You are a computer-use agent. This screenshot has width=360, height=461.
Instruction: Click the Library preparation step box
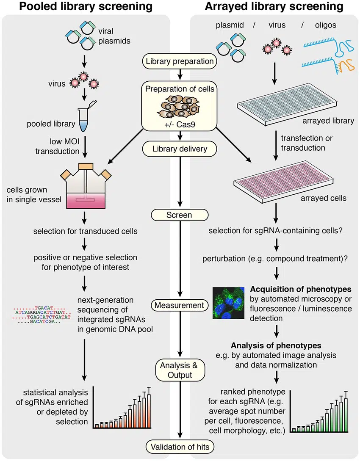click(180, 61)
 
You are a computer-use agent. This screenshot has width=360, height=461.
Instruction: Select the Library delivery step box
click(180, 149)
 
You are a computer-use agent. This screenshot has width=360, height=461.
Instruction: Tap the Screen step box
click(179, 215)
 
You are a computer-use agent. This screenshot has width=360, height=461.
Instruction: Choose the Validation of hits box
click(180, 446)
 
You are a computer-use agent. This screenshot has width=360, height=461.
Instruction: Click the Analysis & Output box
click(180, 370)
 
